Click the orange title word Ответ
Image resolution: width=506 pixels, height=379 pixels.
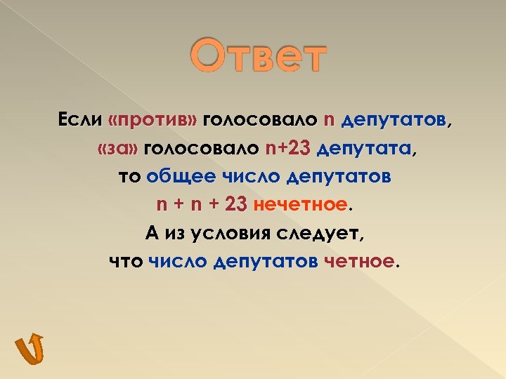pyautogui.click(x=259, y=58)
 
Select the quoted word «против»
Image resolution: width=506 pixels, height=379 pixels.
pyautogui.click(x=152, y=121)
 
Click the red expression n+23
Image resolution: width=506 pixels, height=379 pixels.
pyautogui.click(x=288, y=149)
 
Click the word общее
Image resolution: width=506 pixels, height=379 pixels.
pyautogui.click(x=177, y=177)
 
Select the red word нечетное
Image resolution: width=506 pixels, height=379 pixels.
pyautogui.click(x=301, y=205)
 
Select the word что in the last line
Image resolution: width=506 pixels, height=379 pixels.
pyautogui.click(x=126, y=261)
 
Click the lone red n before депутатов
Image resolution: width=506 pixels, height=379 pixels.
pyautogui.click(x=329, y=121)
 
